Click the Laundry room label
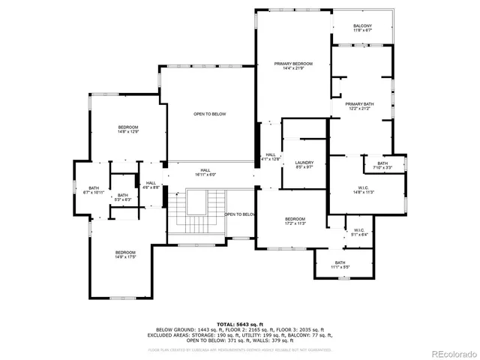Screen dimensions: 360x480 click(x=304, y=165)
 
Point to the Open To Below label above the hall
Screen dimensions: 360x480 click(x=209, y=114)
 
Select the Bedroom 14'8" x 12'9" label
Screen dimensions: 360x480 click(x=127, y=130)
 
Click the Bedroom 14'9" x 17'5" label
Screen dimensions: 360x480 click(x=125, y=254)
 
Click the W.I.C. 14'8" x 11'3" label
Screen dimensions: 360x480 click(x=364, y=190)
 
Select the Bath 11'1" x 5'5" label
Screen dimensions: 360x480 click(x=340, y=265)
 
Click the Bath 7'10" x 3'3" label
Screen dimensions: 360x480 click(x=382, y=166)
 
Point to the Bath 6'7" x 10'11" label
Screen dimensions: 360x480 click(x=94, y=190)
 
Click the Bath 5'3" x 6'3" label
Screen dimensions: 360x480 click(x=123, y=197)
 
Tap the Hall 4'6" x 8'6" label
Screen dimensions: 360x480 click(x=151, y=184)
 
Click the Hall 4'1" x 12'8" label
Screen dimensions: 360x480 click(x=270, y=157)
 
